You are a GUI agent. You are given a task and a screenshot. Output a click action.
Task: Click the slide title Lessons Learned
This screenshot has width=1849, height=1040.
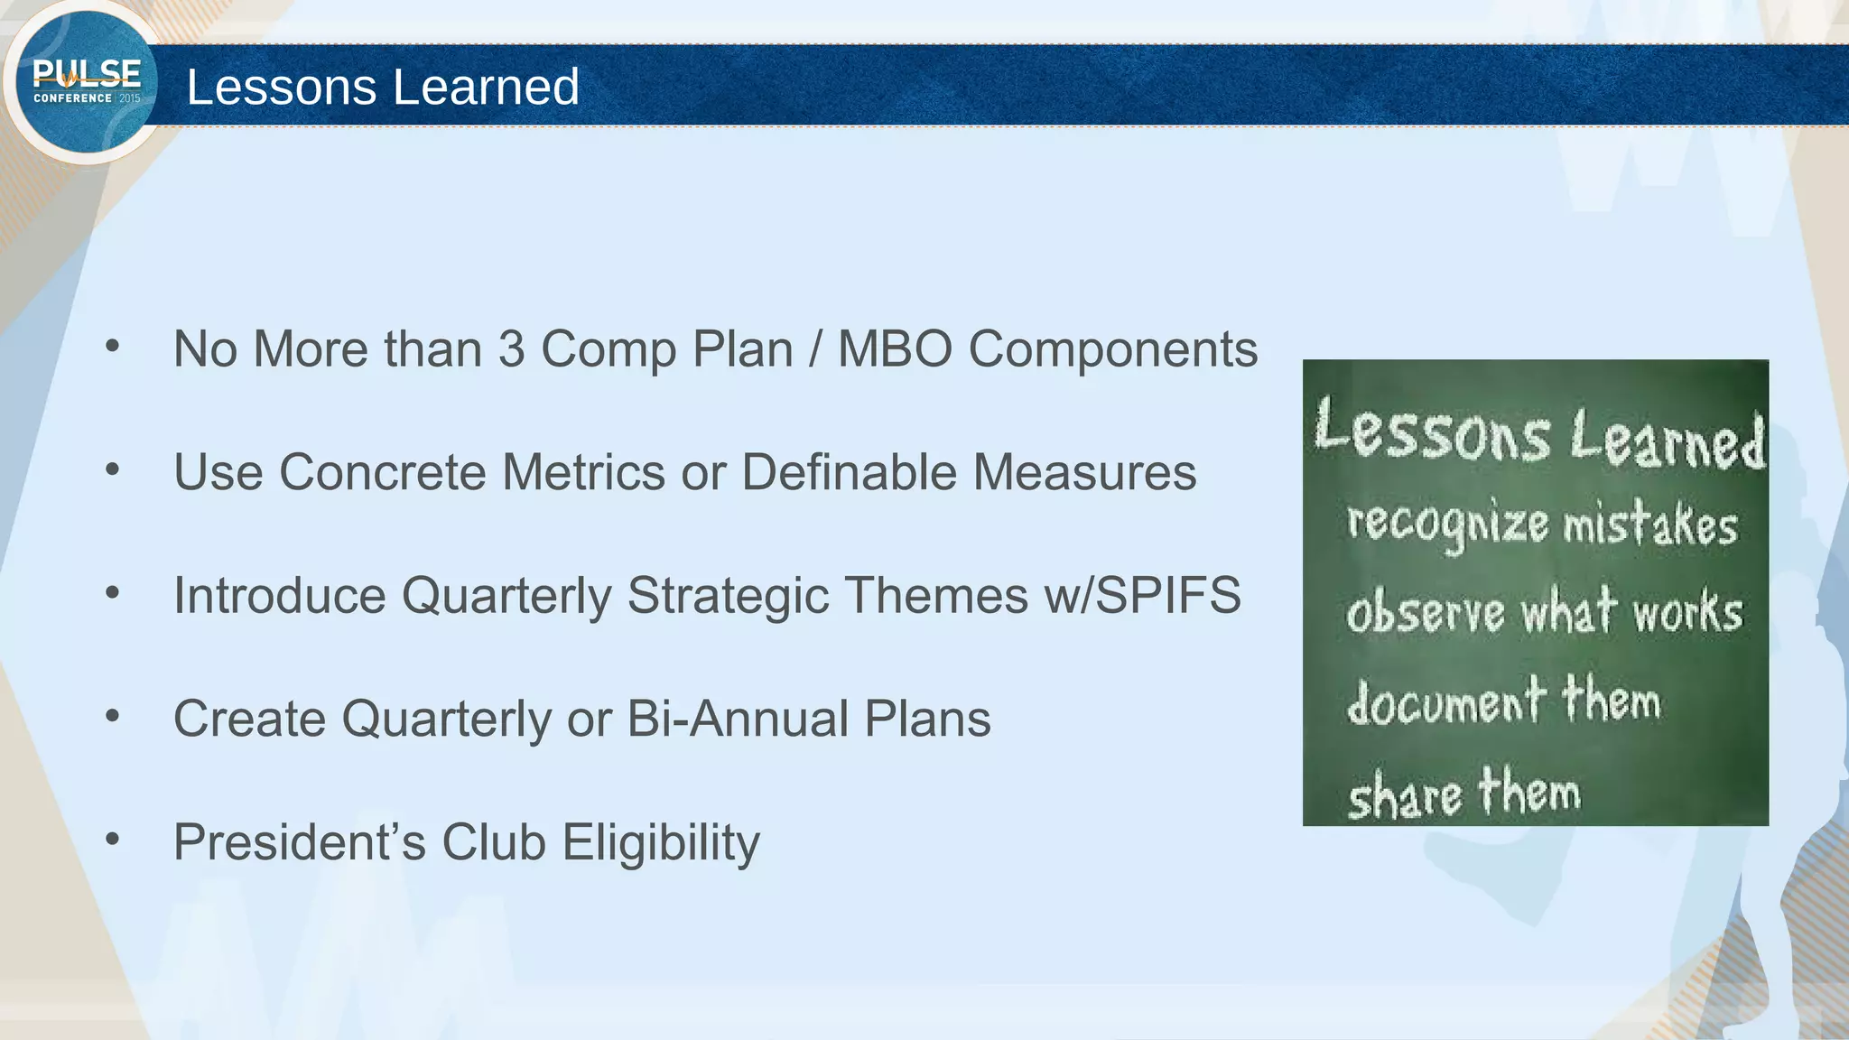click(383, 87)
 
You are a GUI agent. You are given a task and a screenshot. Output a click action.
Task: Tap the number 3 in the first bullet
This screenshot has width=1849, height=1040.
click(511, 348)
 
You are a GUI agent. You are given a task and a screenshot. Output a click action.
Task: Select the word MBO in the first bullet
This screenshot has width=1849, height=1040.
click(895, 348)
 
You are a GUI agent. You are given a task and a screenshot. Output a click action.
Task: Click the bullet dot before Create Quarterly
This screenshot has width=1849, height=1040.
click(112, 717)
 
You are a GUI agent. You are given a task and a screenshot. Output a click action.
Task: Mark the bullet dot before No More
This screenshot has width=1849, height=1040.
click(112, 347)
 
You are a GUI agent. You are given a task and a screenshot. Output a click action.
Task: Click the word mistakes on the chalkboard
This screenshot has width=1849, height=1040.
click(1649, 525)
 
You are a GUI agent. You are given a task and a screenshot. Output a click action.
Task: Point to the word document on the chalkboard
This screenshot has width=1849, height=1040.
click(1445, 701)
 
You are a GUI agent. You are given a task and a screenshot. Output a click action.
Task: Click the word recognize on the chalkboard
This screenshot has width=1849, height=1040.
click(1446, 524)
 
